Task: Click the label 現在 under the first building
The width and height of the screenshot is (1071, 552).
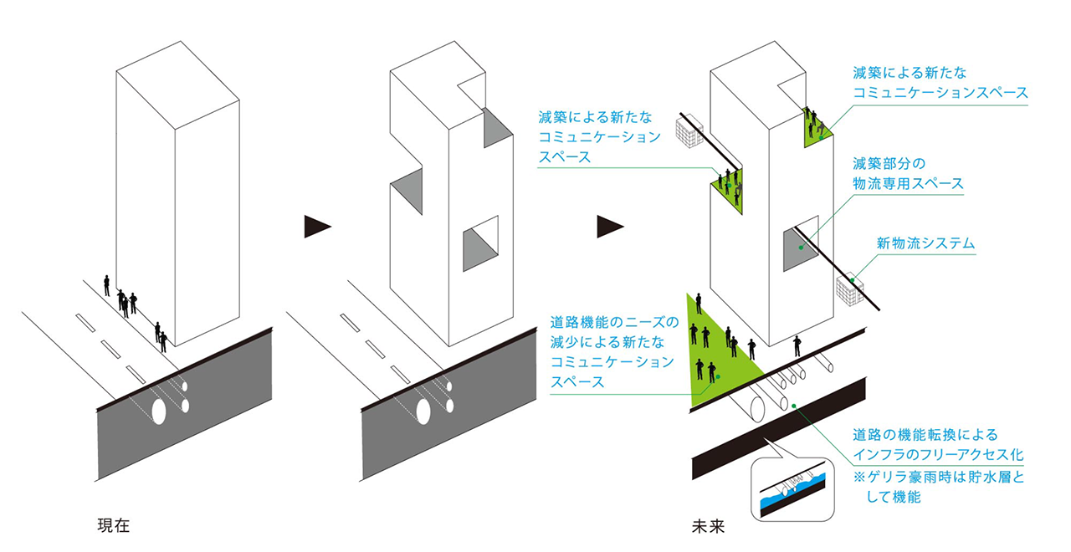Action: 114,526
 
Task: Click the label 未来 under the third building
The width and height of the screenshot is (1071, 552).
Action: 708,526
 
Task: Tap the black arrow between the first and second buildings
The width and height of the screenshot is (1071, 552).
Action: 317,227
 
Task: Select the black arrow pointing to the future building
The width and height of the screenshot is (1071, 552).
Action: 610,227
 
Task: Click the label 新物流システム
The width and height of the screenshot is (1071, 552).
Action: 925,243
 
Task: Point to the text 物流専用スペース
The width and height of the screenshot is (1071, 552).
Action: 909,183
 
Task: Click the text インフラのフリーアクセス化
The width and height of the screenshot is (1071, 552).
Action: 938,454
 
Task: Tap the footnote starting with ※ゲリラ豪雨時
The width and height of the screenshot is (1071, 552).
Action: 939,487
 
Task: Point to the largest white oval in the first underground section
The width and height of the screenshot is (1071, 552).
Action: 159,412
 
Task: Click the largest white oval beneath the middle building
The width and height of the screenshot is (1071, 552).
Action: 423,411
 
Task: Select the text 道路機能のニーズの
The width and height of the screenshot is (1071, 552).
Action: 614,322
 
